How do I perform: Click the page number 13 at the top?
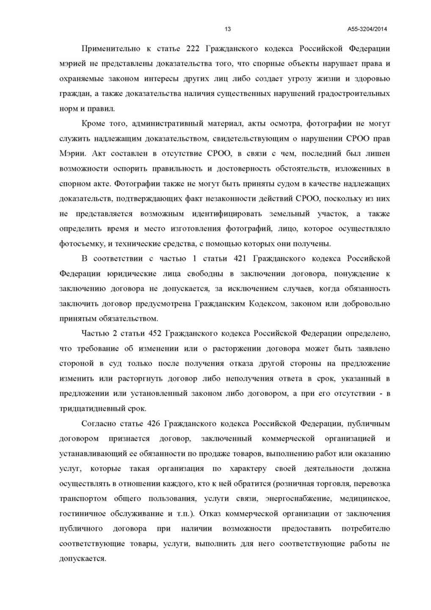click(228, 29)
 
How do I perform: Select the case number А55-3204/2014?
click(367, 29)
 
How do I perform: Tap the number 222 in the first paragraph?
click(193, 49)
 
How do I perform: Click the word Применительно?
click(111, 49)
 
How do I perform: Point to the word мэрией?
click(72, 64)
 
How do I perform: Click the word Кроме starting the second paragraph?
click(93, 124)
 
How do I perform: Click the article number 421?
click(240, 259)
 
